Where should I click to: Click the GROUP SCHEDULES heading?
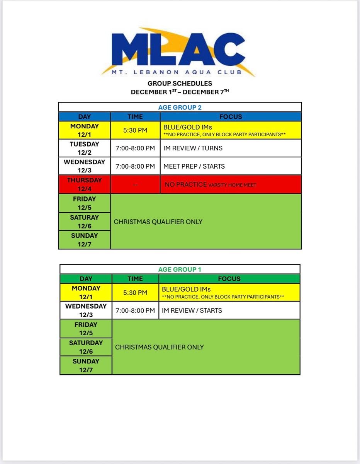tap(180, 83)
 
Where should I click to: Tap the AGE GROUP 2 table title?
tap(180, 107)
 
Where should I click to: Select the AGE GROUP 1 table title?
tap(180, 270)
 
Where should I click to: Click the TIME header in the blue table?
tap(135, 117)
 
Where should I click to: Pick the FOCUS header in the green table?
tap(229, 279)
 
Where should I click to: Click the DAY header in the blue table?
tap(85, 117)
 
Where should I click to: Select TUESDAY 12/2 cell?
tap(85, 148)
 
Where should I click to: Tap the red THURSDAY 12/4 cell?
tap(85, 184)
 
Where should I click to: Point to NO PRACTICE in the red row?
tap(186, 184)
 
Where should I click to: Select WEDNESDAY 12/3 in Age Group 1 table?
tap(86, 310)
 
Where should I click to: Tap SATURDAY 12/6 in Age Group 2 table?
tap(85, 222)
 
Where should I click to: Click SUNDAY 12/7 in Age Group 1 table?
tap(86, 365)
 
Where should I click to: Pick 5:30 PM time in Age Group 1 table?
tap(135, 293)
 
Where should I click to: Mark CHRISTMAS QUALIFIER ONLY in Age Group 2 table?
tap(158, 222)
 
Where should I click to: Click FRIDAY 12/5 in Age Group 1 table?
tap(86, 329)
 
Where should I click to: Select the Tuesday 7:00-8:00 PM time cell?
tap(135, 148)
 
